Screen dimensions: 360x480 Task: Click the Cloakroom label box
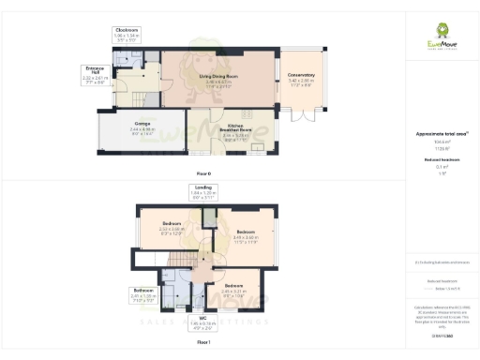127,36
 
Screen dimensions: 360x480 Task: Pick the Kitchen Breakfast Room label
235,131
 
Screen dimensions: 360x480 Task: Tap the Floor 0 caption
203,174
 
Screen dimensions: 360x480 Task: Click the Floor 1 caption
203,345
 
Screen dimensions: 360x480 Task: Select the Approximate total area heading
441,134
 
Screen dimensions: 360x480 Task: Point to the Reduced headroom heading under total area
441,161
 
